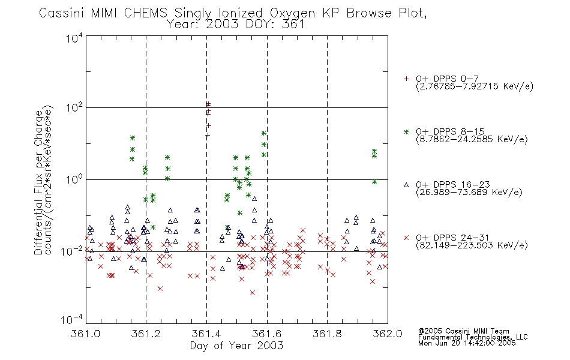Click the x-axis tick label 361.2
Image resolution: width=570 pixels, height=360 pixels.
tap(146, 334)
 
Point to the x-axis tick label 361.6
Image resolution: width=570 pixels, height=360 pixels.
tap(267, 334)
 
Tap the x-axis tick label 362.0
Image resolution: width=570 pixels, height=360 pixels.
tap(388, 334)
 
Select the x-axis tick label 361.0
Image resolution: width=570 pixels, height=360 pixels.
tap(85, 334)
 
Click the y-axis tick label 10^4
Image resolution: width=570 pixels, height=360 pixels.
tap(74, 38)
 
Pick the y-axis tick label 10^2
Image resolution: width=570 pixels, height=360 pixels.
tap(74, 107)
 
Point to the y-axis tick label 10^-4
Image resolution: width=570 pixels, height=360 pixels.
tap(71, 320)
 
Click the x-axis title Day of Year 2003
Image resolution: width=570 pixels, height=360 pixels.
tap(236, 346)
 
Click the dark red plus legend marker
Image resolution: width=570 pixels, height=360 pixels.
tap(406, 79)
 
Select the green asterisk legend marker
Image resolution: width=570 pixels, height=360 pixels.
tap(406, 131)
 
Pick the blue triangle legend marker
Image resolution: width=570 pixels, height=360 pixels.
tap(406, 185)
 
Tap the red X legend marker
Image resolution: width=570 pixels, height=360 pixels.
tap(406, 238)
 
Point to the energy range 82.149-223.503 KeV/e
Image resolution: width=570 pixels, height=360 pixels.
tap(472, 245)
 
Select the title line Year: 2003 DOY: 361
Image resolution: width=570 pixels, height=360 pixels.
tap(236, 25)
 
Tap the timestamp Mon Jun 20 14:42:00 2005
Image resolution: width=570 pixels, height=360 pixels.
tap(467, 343)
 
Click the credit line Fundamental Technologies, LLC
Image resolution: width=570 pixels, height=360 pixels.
tap(473, 337)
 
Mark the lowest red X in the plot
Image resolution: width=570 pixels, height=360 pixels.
tap(253, 293)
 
